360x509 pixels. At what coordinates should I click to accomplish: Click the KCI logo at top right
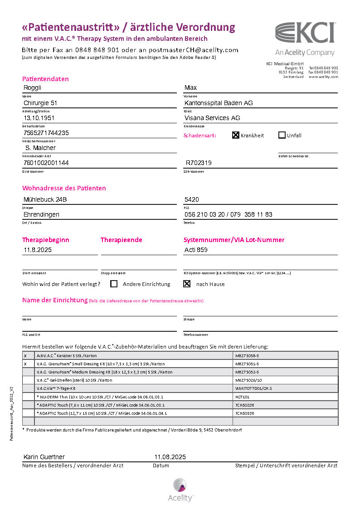tap(305, 34)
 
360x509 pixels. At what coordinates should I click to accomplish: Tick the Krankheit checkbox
tap(236, 135)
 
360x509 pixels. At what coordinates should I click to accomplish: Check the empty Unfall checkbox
tap(282, 135)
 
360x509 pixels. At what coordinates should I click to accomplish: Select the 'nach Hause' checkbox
tap(186, 284)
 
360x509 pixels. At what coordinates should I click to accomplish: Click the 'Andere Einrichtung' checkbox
tap(114, 284)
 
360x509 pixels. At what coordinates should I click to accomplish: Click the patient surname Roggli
tap(33, 88)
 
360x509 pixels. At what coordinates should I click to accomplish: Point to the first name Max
tap(190, 88)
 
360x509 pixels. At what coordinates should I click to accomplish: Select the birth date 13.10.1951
tap(39, 118)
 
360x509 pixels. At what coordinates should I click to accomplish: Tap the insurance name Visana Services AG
tap(212, 118)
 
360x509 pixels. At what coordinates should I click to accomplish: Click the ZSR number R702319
tap(199, 163)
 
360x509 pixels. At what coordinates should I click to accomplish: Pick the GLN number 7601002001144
tap(46, 163)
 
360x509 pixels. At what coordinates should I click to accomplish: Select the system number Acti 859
tap(196, 250)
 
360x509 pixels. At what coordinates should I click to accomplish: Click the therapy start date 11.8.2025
tap(38, 250)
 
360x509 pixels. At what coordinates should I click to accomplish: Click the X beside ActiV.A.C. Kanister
tap(25, 356)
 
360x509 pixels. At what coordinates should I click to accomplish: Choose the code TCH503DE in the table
tap(245, 413)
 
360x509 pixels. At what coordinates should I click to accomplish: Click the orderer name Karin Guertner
tap(44, 457)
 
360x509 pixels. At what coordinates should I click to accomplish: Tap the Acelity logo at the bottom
tap(180, 489)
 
